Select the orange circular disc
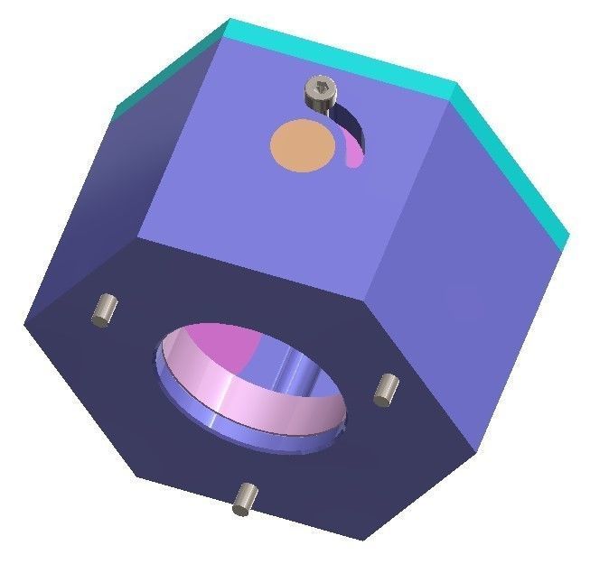point(303,145)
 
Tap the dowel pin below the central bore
point(245,498)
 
